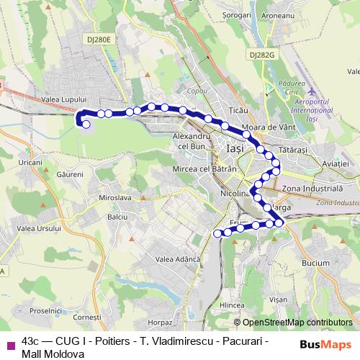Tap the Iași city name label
point(235,148)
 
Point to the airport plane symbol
point(311,93)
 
